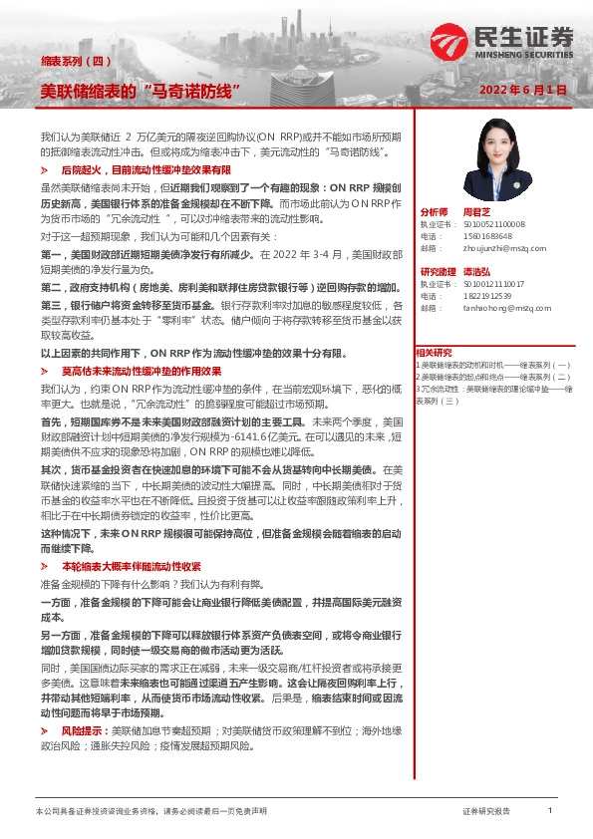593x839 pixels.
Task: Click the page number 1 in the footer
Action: point(550,811)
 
